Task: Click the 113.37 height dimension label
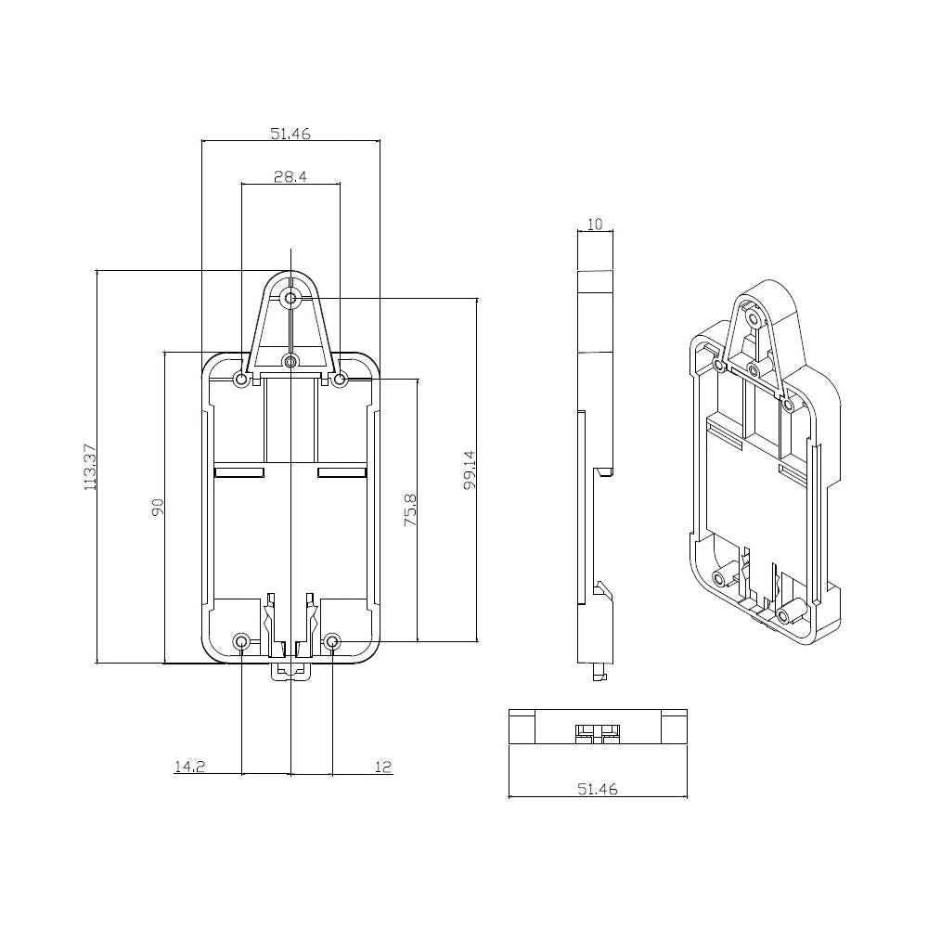pos(90,467)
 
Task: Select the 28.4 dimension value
pos(290,176)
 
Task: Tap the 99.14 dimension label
pos(470,470)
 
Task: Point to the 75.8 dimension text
pos(411,510)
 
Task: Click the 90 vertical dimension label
pos(158,508)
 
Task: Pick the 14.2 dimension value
pos(189,767)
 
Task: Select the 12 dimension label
pos(383,767)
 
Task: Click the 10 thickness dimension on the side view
pos(595,224)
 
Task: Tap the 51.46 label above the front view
pos(290,134)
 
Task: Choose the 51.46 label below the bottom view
pos(597,789)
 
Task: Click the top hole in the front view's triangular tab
pos(290,298)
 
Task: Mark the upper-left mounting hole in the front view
pos(241,380)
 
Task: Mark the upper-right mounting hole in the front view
pos(340,380)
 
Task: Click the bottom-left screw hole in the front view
pos(241,641)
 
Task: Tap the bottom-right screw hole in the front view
pos(332,641)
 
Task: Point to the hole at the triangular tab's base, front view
pos(290,361)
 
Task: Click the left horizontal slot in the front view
pos(239,472)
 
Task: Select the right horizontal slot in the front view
pos(342,472)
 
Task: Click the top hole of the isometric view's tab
pos(754,319)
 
